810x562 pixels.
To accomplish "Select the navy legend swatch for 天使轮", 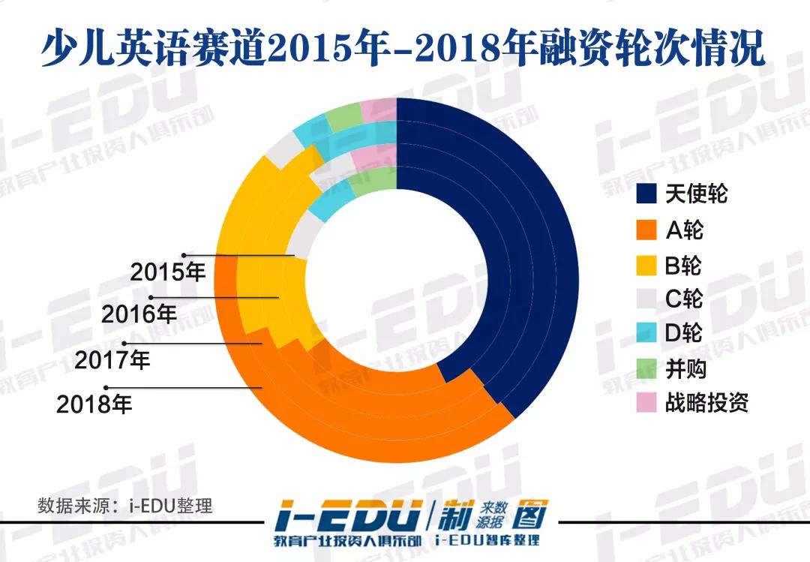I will pyautogui.click(x=647, y=194).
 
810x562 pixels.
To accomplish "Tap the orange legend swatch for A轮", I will pyautogui.click(x=647, y=229).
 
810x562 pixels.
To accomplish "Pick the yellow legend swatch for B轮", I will pyautogui.click(x=647, y=264).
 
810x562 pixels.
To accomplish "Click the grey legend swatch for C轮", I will pyautogui.click(x=647, y=298).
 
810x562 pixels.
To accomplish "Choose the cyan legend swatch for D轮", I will pyautogui.click(x=647, y=332).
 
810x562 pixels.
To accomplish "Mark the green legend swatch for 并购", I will pyautogui.click(x=647, y=368).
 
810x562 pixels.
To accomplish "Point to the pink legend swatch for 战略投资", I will pyautogui.click(x=647, y=402).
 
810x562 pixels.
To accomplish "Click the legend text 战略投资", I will pyautogui.click(x=706, y=403).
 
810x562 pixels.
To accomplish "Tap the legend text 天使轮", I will pyautogui.click(x=696, y=194).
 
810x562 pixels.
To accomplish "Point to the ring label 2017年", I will pyautogui.click(x=112, y=361).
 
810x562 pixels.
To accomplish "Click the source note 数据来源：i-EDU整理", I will pyautogui.click(x=125, y=505).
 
